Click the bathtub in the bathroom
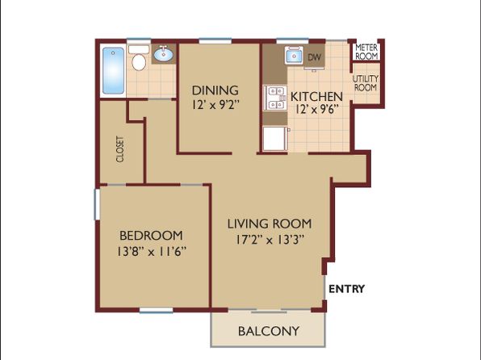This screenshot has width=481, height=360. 114,70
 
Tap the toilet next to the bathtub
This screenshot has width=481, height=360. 139,57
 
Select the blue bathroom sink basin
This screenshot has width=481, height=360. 164,55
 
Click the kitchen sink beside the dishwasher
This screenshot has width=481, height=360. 294,55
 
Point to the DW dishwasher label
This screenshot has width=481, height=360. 314,57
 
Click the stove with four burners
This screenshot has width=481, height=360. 275,98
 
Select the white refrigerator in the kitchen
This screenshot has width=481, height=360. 275,139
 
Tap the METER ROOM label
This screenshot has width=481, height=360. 366,52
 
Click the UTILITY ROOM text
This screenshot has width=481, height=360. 366,83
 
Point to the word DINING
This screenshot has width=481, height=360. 215,90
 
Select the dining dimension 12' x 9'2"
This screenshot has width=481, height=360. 215,105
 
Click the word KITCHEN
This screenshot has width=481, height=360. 316,96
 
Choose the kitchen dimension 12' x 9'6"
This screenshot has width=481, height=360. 317,109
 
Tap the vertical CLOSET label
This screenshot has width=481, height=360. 120,149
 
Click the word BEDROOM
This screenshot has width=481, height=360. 151,236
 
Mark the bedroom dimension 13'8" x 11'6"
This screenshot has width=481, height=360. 152,252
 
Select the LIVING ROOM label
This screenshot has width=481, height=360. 270,224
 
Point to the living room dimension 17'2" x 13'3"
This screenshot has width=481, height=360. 270,240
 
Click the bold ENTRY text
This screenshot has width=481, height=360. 347,289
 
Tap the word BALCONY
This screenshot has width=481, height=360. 269,331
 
